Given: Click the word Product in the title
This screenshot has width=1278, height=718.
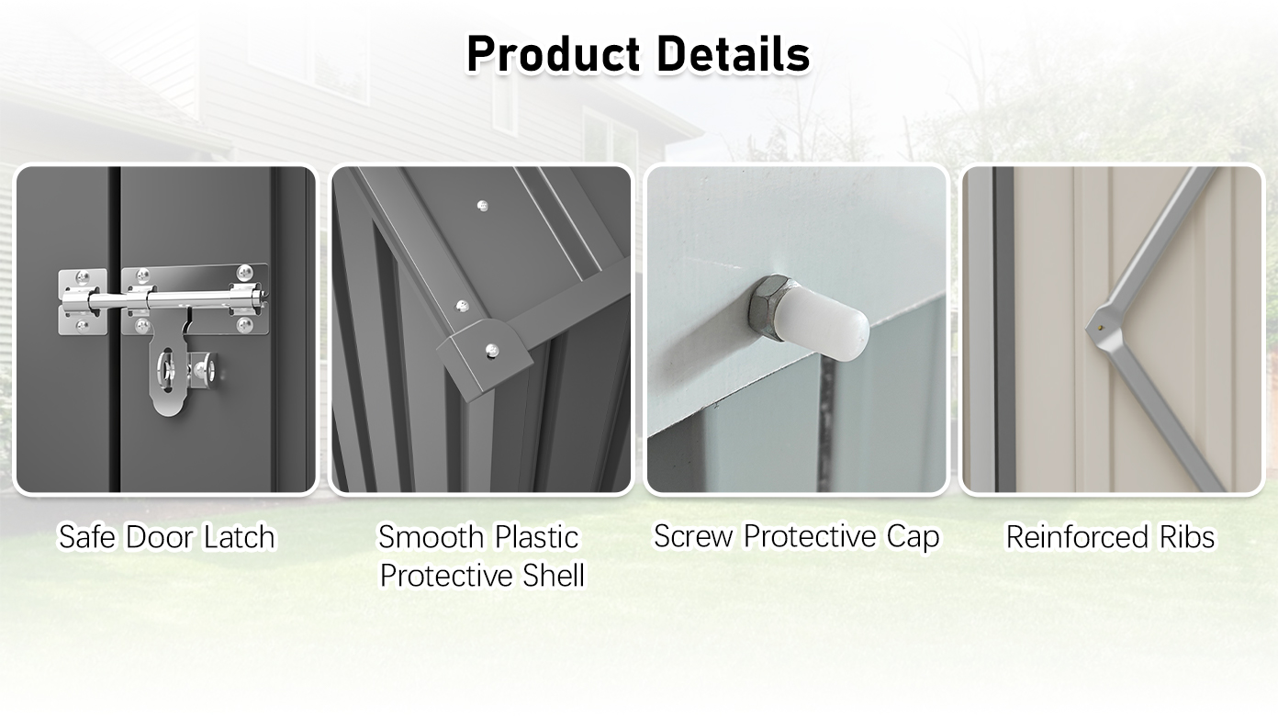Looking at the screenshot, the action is [x=554, y=54].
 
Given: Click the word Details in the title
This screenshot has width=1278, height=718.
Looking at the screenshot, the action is [x=734, y=54].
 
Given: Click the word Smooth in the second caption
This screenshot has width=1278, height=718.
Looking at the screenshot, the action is [x=431, y=537].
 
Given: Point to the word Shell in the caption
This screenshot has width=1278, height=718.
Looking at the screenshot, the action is [x=554, y=576].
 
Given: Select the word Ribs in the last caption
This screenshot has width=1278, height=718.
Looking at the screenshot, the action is [x=1187, y=537].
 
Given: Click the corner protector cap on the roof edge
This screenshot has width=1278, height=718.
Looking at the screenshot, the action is [x=484, y=353].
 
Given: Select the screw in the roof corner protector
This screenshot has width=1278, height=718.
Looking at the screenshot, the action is [x=492, y=350].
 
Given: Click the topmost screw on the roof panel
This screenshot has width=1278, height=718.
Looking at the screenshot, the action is [x=483, y=206].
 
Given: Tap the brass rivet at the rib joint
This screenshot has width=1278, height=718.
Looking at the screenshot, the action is [x=1101, y=328].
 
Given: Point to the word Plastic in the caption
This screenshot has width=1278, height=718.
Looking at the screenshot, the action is [x=537, y=537].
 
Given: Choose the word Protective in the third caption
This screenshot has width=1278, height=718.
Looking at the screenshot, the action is [x=809, y=536].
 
